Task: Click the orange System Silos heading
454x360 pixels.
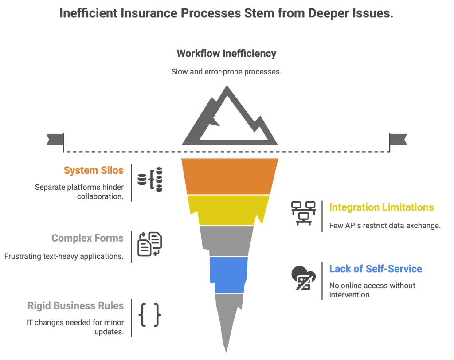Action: pos(94,171)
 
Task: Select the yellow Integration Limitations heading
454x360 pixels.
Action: pos(381,207)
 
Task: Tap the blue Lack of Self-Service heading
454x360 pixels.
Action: pos(375,269)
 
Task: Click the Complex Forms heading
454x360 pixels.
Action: pos(87,239)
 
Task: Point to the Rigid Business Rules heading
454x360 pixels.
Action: pos(75,306)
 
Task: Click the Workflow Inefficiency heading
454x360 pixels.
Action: pos(226,54)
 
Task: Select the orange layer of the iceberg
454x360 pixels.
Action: pos(230,176)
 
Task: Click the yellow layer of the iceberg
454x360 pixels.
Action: pos(229,210)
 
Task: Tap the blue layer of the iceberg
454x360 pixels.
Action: pos(228,274)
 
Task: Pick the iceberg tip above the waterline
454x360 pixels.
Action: pos(229,120)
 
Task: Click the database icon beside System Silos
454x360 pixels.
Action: pos(150,180)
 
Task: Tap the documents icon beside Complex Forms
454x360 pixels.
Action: pos(150,244)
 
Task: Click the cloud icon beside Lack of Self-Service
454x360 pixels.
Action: pos(304,278)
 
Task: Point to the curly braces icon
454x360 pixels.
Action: pos(149,315)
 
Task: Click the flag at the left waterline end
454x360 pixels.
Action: pos(55,139)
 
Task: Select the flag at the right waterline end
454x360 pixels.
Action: pos(398,139)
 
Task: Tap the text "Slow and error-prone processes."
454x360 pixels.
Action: pos(226,72)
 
